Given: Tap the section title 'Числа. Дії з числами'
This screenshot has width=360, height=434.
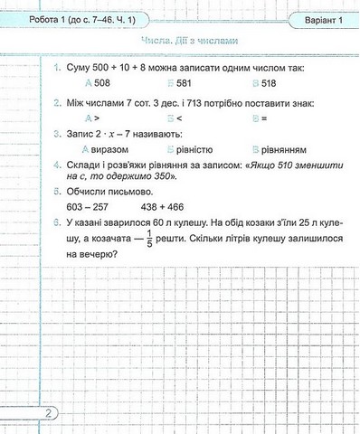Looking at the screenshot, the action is click(x=188, y=42).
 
